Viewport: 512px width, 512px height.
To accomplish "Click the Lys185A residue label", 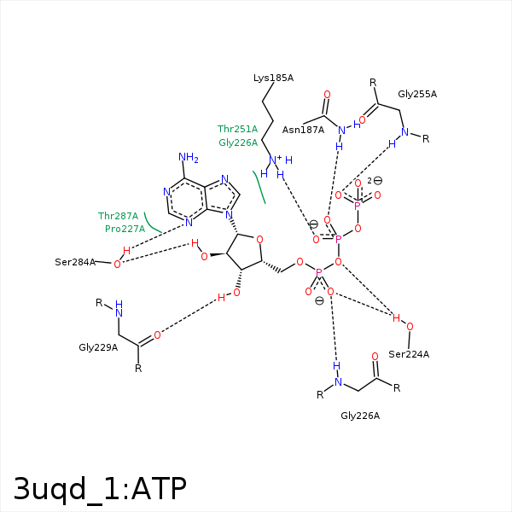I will pos(273,78).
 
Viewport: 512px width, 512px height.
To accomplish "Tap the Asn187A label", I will pos(303,130).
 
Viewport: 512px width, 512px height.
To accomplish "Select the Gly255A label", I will pos(417,94).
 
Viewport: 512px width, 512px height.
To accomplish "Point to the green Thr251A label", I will pos(237,129).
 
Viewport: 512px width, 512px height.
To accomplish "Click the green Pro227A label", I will pos(125,229).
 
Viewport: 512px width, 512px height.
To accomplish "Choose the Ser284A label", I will pos(75,262).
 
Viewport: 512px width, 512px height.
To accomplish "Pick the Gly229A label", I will pos(98,347).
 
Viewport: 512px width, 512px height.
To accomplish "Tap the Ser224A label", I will pos(409,354).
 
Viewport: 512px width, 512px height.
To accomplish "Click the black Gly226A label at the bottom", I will pos(360,416).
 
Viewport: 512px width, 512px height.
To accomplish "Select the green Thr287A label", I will pos(118,216).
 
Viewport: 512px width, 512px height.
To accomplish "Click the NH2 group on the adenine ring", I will pos(188,158).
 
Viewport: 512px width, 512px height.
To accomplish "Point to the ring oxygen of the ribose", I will pos(259,240).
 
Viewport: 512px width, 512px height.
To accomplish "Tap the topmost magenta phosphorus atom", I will pos(358,206).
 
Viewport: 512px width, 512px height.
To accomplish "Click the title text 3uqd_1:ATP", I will pos(100,487).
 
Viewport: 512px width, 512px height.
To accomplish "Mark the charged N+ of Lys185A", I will pos(275,160).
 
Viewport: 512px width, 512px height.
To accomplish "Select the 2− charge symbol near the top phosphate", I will pos(374,181).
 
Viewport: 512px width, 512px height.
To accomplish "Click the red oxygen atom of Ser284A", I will pos(117,264).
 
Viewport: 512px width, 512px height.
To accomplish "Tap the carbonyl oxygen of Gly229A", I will pos(157,335).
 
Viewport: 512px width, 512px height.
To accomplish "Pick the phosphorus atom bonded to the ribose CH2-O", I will pos(319,273).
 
